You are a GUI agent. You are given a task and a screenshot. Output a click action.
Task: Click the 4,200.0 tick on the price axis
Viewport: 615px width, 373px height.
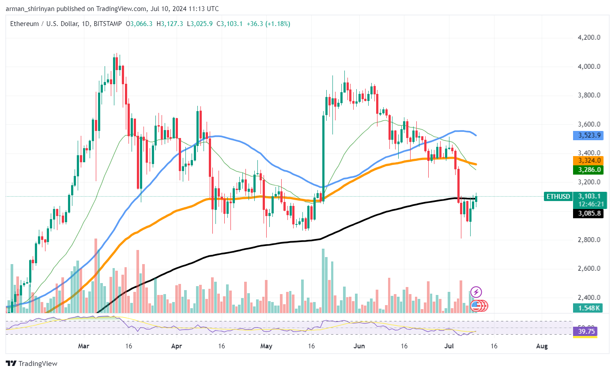[589, 37]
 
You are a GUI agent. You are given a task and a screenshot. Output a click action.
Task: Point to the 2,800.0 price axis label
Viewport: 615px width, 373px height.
[589, 240]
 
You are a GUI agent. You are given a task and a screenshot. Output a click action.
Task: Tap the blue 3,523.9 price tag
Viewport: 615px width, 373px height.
[589, 135]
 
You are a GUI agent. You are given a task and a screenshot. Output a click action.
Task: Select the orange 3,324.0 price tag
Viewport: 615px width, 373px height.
[589, 160]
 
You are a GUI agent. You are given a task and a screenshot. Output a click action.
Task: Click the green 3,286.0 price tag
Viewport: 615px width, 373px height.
[589, 169]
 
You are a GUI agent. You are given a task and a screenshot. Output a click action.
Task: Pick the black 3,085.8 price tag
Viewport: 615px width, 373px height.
[589, 213]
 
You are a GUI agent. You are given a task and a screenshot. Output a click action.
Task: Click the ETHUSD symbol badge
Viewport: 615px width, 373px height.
[558, 197]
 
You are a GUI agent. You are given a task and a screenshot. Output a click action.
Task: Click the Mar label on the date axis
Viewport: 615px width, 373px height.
[83, 347]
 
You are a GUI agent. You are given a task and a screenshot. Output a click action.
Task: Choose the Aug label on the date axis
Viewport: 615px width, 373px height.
[542, 347]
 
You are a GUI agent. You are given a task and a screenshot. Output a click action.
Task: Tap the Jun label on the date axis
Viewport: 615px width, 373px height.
[359, 347]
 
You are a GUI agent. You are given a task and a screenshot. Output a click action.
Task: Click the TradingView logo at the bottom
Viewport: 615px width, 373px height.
[32, 364]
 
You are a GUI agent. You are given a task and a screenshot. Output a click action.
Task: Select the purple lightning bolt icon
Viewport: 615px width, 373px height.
[476, 291]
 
